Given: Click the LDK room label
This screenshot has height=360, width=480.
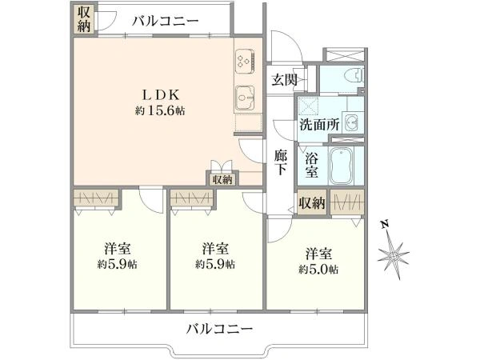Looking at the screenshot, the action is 161,95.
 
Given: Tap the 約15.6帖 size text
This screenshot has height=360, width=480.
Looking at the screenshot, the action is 160,111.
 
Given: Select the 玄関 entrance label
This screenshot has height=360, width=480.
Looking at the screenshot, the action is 284,80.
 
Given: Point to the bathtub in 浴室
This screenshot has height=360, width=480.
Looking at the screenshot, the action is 342,166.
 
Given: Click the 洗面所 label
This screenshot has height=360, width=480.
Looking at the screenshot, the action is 319,124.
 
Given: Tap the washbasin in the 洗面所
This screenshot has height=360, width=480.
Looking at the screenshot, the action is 352,123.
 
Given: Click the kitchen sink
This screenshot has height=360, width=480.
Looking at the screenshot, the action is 245,98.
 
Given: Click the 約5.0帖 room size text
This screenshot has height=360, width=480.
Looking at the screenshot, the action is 318,270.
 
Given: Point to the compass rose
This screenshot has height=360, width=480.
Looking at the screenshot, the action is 393,254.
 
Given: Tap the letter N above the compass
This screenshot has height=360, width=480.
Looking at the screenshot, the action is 385,225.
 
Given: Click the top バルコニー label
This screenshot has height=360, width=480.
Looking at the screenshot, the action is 166,21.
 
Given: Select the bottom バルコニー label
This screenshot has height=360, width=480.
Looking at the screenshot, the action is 220,329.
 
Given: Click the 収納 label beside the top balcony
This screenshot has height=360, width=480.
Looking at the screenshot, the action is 83,19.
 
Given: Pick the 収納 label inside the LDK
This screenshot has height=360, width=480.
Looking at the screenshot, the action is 222,180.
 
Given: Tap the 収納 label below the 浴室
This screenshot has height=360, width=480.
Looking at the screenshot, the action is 312,202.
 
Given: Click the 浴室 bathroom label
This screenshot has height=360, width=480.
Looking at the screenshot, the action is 312,165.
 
